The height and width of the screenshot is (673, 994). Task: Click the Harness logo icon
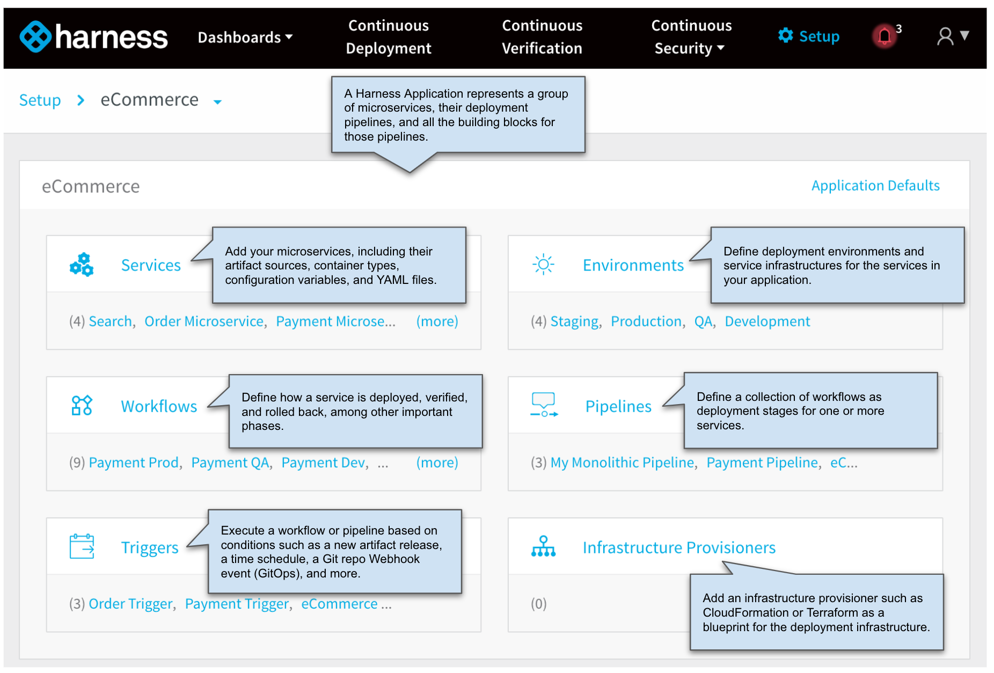[35, 36]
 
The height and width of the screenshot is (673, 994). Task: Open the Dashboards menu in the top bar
[245, 37]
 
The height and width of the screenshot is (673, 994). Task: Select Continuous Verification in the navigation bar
[542, 36]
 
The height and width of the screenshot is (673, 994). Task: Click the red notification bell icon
[885, 36]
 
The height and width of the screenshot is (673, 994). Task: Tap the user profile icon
[945, 36]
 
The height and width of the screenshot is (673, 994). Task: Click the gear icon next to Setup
[786, 35]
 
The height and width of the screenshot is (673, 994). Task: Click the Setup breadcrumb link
[40, 100]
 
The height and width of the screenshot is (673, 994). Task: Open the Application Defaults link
[875, 186]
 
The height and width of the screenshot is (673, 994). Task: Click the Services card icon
[82, 265]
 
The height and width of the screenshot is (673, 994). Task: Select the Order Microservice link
[204, 321]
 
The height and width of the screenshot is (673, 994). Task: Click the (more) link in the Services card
[437, 321]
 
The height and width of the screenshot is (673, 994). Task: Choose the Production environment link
[646, 321]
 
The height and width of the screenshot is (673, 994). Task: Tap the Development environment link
[768, 321]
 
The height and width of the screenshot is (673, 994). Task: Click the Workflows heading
[159, 406]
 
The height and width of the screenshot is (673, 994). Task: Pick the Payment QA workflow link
[230, 463]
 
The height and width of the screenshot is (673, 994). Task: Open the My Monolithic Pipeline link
[622, 463]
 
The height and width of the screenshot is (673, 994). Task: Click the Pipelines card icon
[544, 405]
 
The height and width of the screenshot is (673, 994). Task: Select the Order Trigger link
[130, 604]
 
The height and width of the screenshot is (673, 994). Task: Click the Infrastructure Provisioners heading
[679, 547]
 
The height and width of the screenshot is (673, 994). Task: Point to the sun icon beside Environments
[543, 264]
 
